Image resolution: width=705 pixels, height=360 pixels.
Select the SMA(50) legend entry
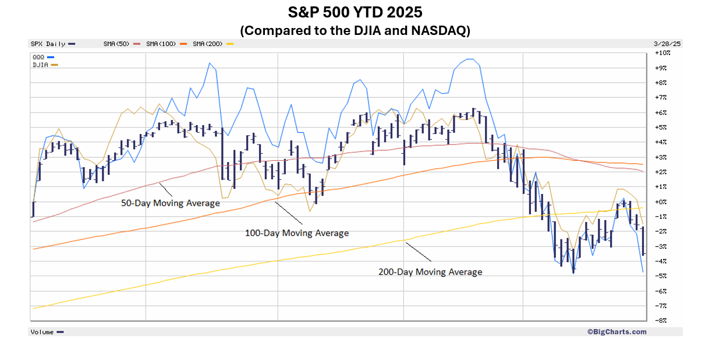pyautogui.click(x=117, y=44)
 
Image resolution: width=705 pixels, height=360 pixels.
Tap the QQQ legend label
pyautogui.click(x=39, y=57)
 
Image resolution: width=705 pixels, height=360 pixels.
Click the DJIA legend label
pyautogui.click(x=41, y=65)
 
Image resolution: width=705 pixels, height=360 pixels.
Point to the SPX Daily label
pyautogui.click(x=48, y=44)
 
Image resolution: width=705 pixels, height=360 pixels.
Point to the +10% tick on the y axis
pyautogui.click(x=663, y=53)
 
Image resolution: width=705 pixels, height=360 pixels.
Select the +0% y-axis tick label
pyautogui.click(x=661, y=202)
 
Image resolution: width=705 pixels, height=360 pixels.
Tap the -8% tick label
pyautogui.click(x=661, y=320)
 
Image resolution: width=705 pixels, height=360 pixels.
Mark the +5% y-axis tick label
pyautogui.click(x=661, y=127)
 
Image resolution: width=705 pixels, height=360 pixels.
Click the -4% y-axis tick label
pyautogui.click(x=661, y=261)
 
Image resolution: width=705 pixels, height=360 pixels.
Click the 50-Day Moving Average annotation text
pyautogui.click(x=170, y=203)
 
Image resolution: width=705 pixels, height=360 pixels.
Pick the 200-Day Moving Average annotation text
pyautogui.click(x=430, y=271)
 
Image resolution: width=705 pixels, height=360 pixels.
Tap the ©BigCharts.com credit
pyautogui.click(x=617, y=331)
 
